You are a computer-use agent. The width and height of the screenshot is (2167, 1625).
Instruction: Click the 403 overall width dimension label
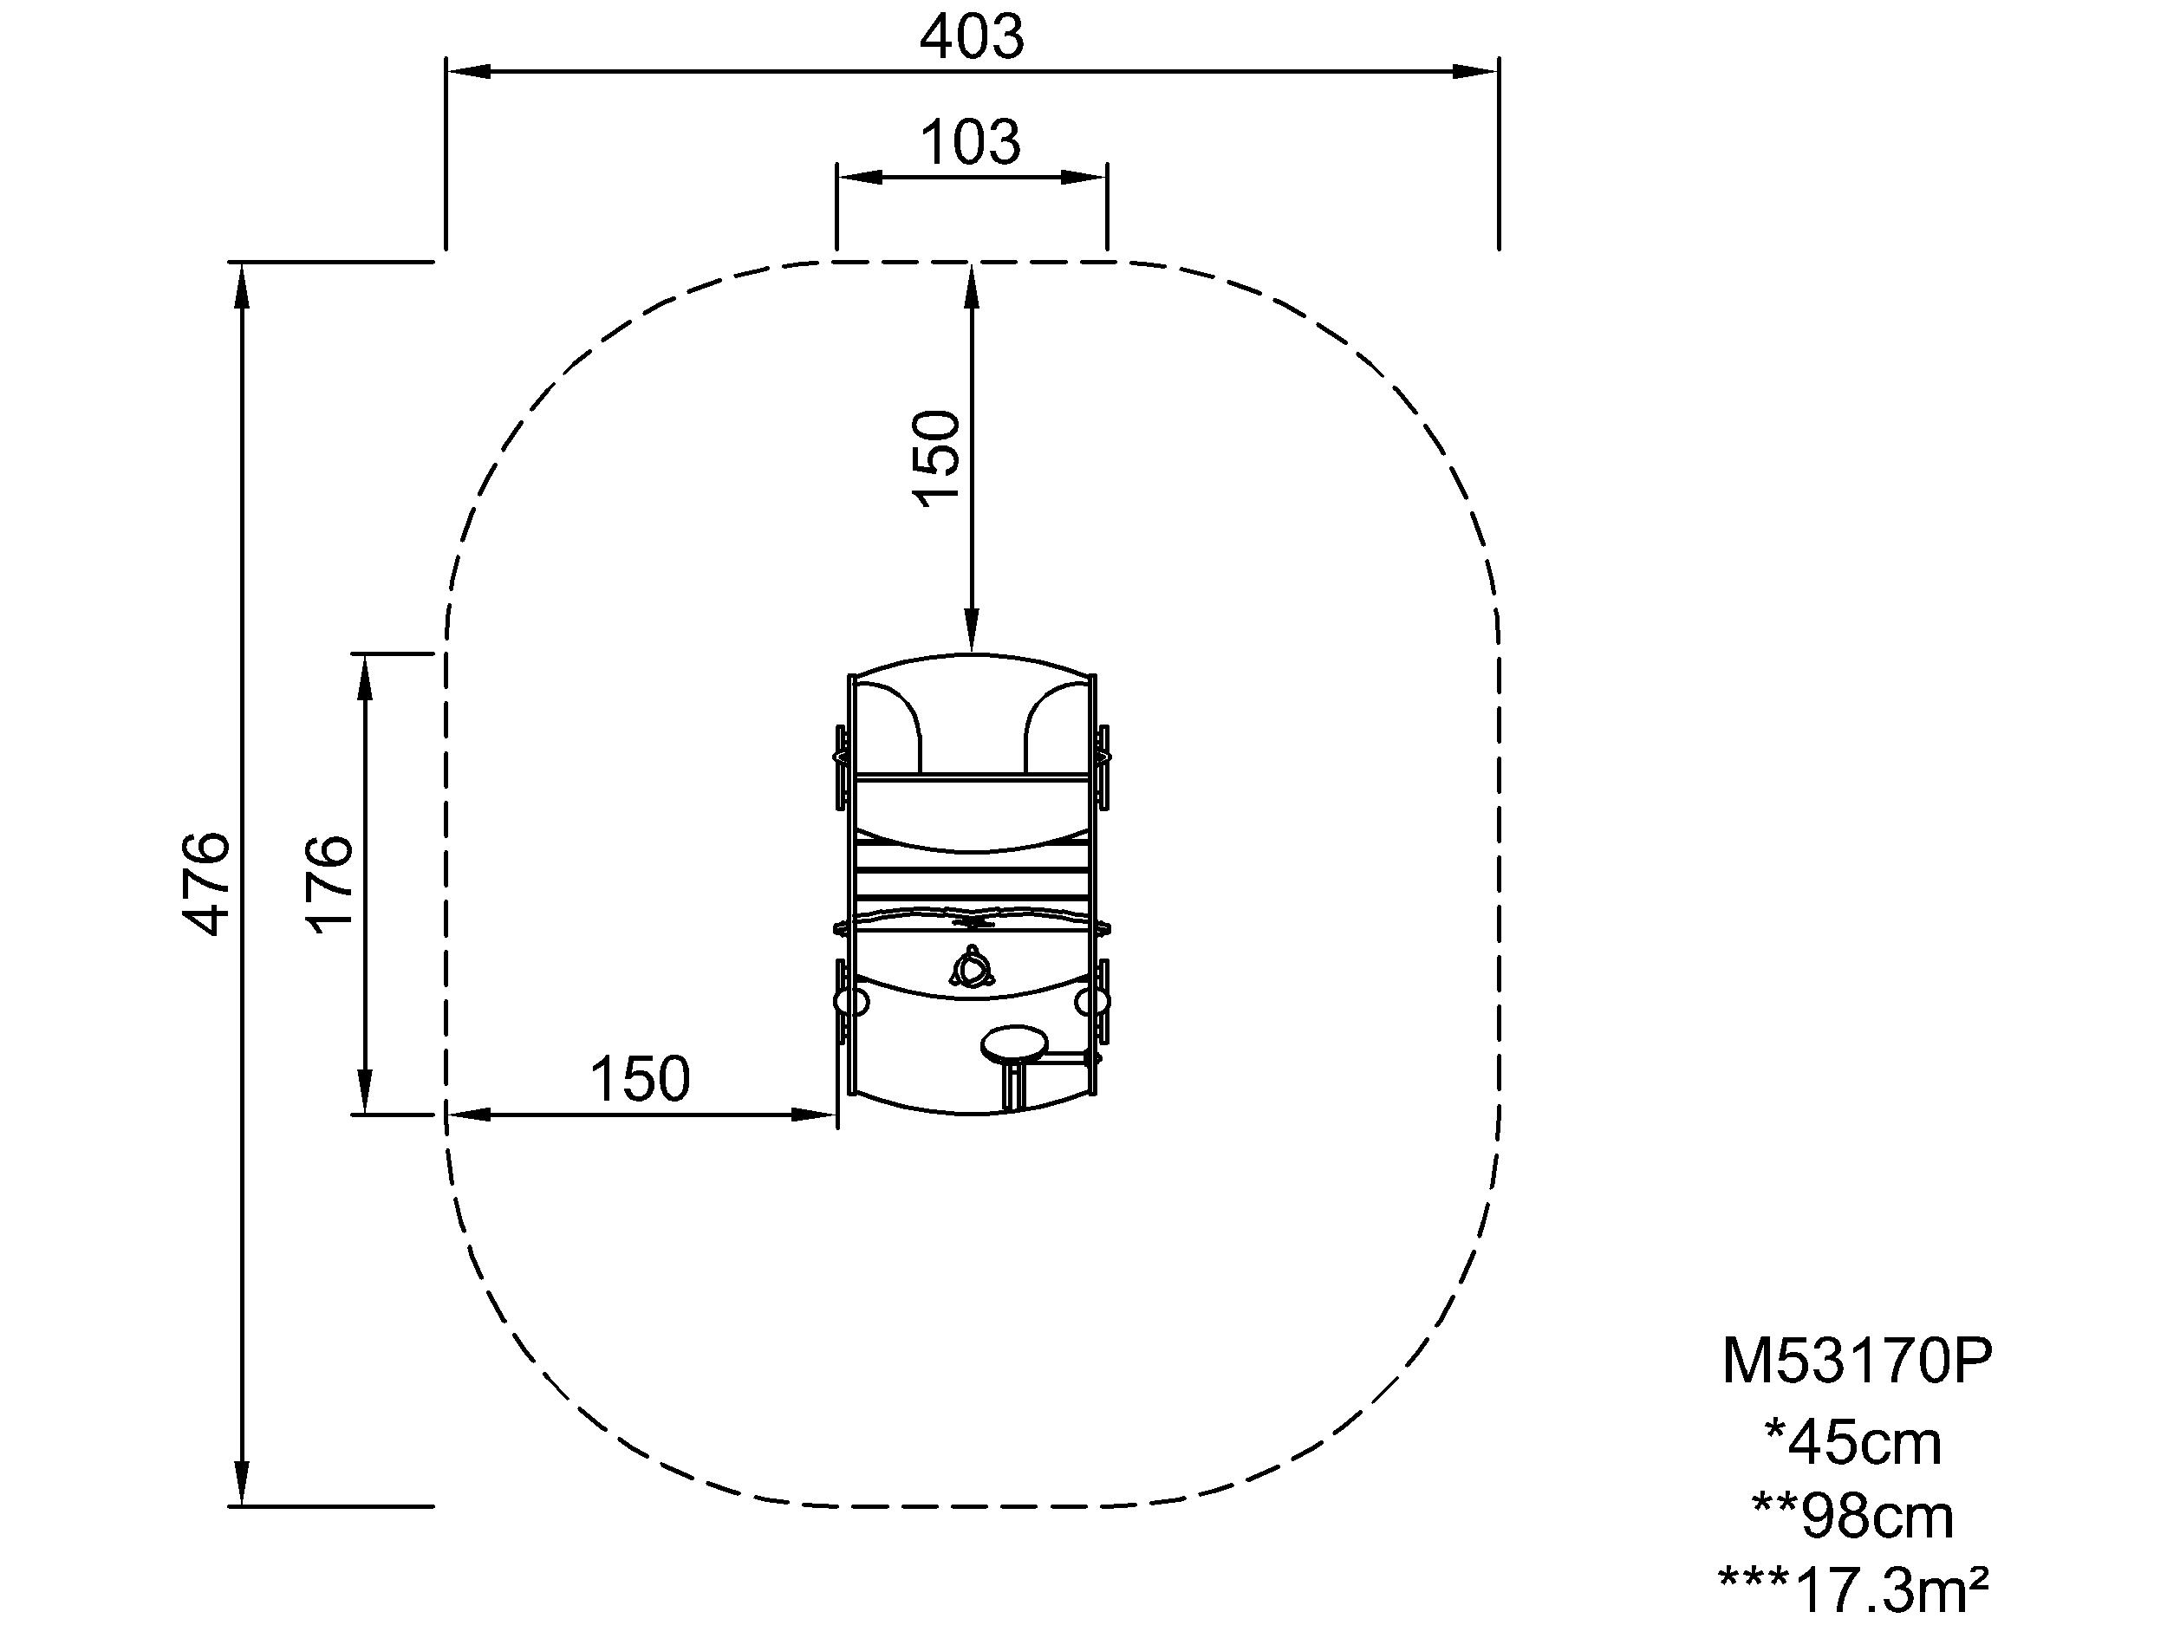(x=972, y=37)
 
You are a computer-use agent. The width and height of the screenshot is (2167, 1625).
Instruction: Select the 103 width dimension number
(x=970, y=142)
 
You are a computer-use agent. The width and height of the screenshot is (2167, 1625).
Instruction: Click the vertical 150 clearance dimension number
(x=936, y=458)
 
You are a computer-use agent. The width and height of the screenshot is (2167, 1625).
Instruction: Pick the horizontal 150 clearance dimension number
(x=640, y=1079)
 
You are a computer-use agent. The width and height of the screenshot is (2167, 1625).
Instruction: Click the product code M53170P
(x=1858, y=1362)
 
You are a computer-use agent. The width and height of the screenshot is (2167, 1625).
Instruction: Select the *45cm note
(x=1851, y=1444)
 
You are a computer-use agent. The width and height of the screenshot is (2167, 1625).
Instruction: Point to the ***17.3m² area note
(x=1853, y=1590)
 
